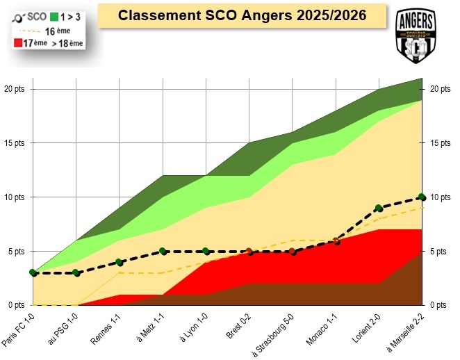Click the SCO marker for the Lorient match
click(379, 208)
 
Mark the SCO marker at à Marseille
click(422, 197)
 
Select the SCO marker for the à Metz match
click(163, 251)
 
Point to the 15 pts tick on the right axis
click(438, 143)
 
